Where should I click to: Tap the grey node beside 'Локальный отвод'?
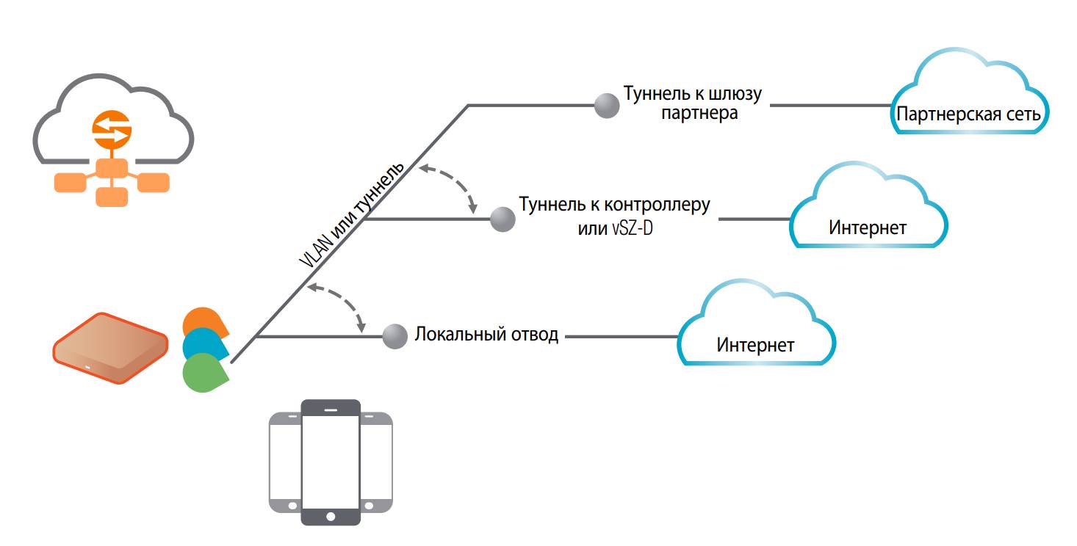(x=395, y=337)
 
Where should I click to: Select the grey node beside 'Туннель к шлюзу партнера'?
(x=606, y=106)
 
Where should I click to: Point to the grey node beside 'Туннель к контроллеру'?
(x=503, y=218)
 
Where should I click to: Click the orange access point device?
(x=110, y=348)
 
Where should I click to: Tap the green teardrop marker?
(x=204, y=373)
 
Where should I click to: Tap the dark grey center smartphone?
(x=331, y=462)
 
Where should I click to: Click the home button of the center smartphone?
(x=331, y=517)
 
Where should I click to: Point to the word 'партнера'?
(x=699, y=114)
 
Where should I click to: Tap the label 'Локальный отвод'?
(x=486, y=335)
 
